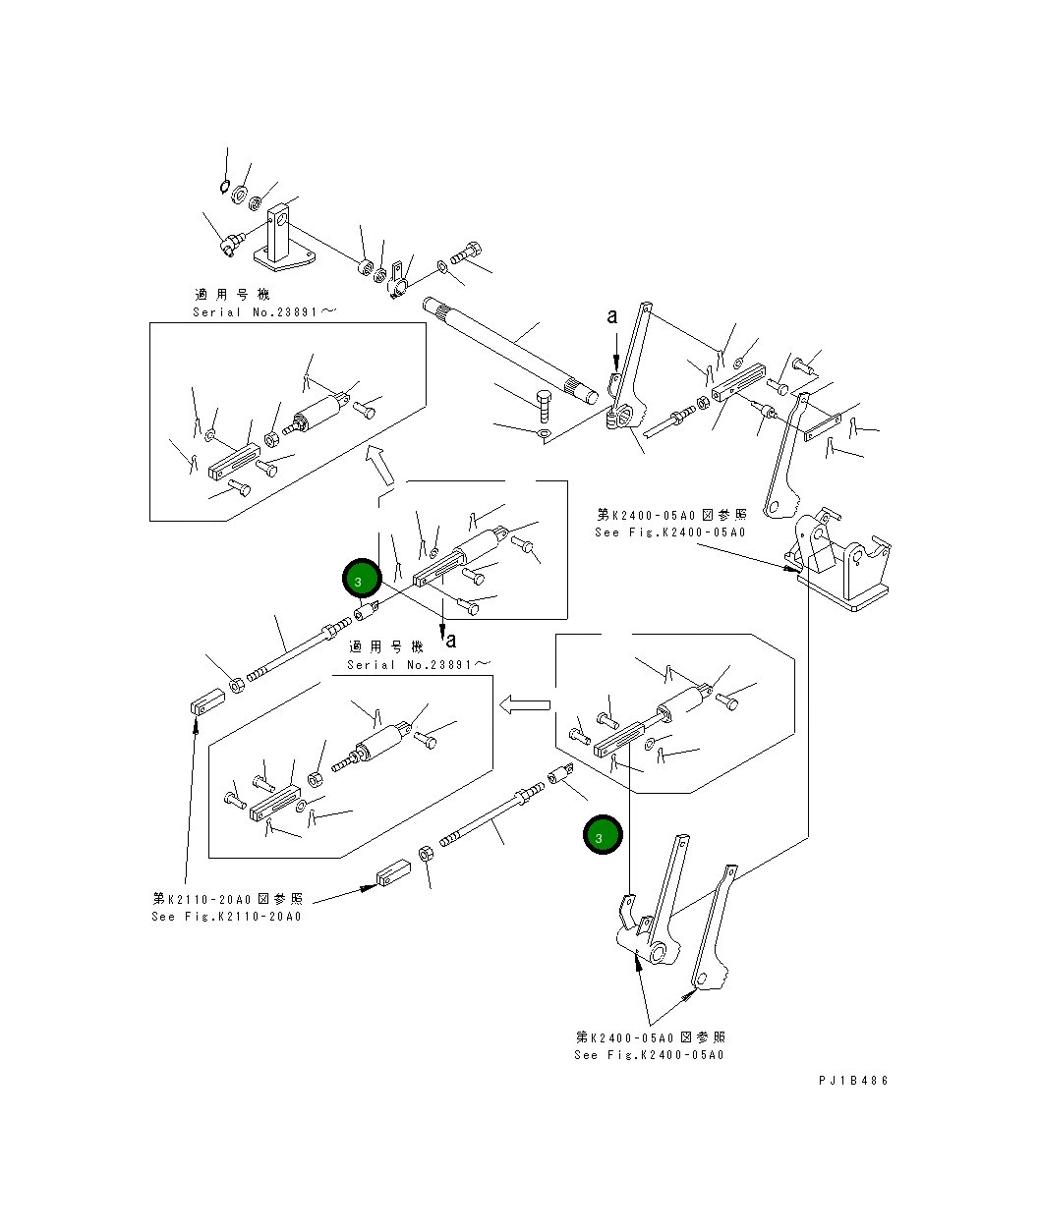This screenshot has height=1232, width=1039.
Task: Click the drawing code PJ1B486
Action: click(853, 1081)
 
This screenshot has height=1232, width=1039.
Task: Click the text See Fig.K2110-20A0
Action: click(227, 917)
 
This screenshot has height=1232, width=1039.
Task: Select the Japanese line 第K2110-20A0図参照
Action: click(228, 899)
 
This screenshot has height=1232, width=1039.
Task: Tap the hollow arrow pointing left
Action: click(525, 704)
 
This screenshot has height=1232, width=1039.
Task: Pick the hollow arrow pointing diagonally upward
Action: click(379, 465)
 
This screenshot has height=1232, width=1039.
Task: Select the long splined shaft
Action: click(511, 352)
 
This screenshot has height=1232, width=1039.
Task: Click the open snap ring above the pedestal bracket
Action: click(224, 187)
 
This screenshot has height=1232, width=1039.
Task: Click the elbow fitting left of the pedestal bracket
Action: click(231, 243)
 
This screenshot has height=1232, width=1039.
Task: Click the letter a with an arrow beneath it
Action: click(612, 316)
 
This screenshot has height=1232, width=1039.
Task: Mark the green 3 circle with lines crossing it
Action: click(362, 579)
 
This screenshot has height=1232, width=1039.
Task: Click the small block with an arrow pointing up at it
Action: click(207, 701)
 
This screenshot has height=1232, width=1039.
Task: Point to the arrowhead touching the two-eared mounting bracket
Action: click(791, 569)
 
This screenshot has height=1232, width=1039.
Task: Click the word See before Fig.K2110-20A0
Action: click(163, 917)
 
